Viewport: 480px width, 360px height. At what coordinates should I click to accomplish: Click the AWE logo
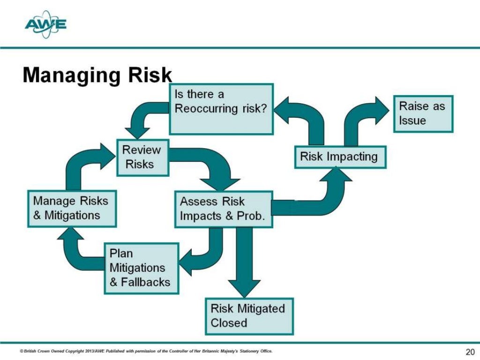click(45, 25)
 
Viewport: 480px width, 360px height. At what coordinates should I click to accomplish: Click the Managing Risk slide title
click(97, 75)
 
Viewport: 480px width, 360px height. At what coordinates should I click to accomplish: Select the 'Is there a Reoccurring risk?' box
click(221, 108)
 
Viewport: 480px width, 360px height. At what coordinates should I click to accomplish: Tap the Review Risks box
click(142, 157)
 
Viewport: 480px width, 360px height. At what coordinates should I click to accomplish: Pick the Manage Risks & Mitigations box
click(71, 209)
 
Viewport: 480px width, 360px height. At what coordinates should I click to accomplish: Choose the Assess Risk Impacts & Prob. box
click(223, 209)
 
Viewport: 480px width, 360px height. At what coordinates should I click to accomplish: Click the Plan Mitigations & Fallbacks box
click(140, 268)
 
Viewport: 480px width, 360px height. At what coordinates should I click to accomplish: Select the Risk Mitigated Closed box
click(249, 316)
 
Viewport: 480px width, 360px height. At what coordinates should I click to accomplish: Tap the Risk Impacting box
click(340, 157)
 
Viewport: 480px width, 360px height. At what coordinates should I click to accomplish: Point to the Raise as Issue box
click(422, 113)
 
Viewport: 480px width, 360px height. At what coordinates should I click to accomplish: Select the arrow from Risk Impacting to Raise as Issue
click(363, 117)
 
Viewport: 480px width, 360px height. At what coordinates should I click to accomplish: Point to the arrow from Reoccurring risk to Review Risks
click(141, 117)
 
